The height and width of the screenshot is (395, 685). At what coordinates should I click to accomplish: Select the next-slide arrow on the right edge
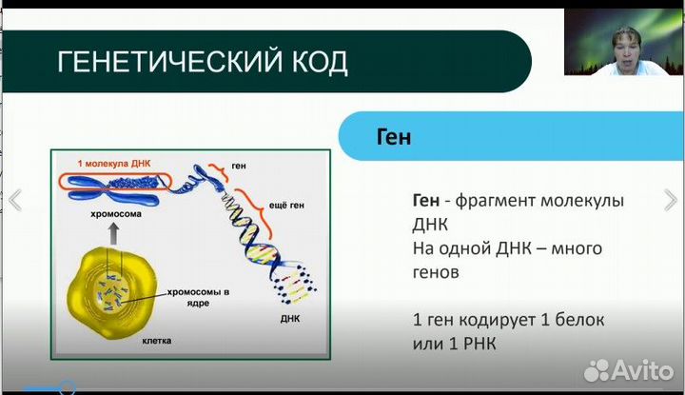point(670,199)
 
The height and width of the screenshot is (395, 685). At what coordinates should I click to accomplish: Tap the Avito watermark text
point(641,369)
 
